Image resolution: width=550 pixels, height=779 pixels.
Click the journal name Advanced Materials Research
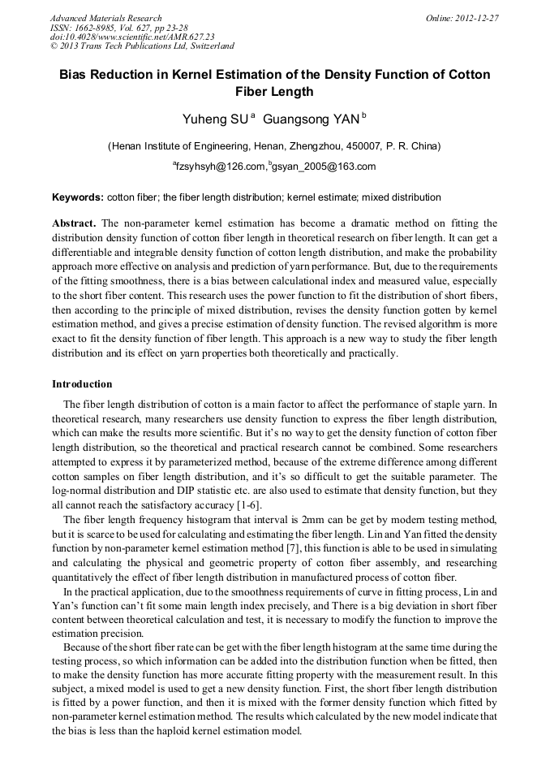[105, 18]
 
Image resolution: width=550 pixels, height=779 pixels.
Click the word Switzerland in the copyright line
[208, 46]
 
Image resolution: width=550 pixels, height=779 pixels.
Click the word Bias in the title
[75, 75]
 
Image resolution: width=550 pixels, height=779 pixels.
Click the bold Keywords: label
[78, 197]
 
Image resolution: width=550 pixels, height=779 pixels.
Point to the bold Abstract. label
[75, 223]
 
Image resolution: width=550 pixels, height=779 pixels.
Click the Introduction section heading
[82, 383]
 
